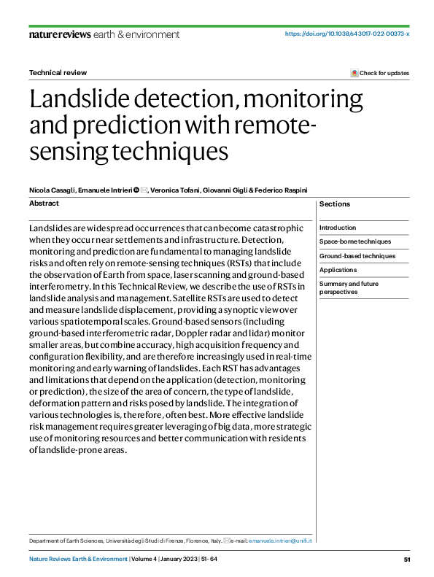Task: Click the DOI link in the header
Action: coord(346,34)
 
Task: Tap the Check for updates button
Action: coord(380,73)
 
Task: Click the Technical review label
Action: coord(58,73)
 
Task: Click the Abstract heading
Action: coord(44,204)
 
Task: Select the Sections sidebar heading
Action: coord(335,204)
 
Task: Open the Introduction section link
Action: coord(338,228)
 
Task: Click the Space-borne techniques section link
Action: coord(355,241)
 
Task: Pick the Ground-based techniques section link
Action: coord(357,256)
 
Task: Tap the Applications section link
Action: coord(338,270)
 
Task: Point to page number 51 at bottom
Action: coord(407,559)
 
